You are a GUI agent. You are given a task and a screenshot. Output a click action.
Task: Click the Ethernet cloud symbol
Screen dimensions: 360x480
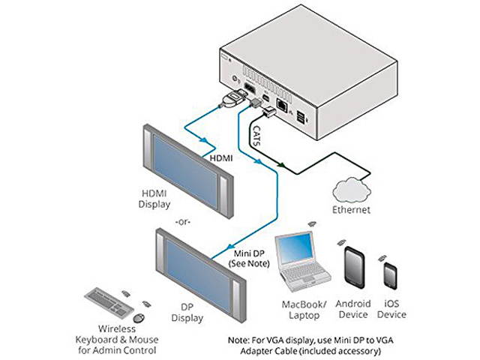352,187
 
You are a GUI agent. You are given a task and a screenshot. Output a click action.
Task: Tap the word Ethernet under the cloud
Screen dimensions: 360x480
352,211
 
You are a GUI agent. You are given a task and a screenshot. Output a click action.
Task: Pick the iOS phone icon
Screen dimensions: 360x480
390,276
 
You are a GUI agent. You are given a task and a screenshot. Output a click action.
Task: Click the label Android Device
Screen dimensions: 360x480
352,309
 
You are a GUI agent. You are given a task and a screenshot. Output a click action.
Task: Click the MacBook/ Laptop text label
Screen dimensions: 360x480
303,309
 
